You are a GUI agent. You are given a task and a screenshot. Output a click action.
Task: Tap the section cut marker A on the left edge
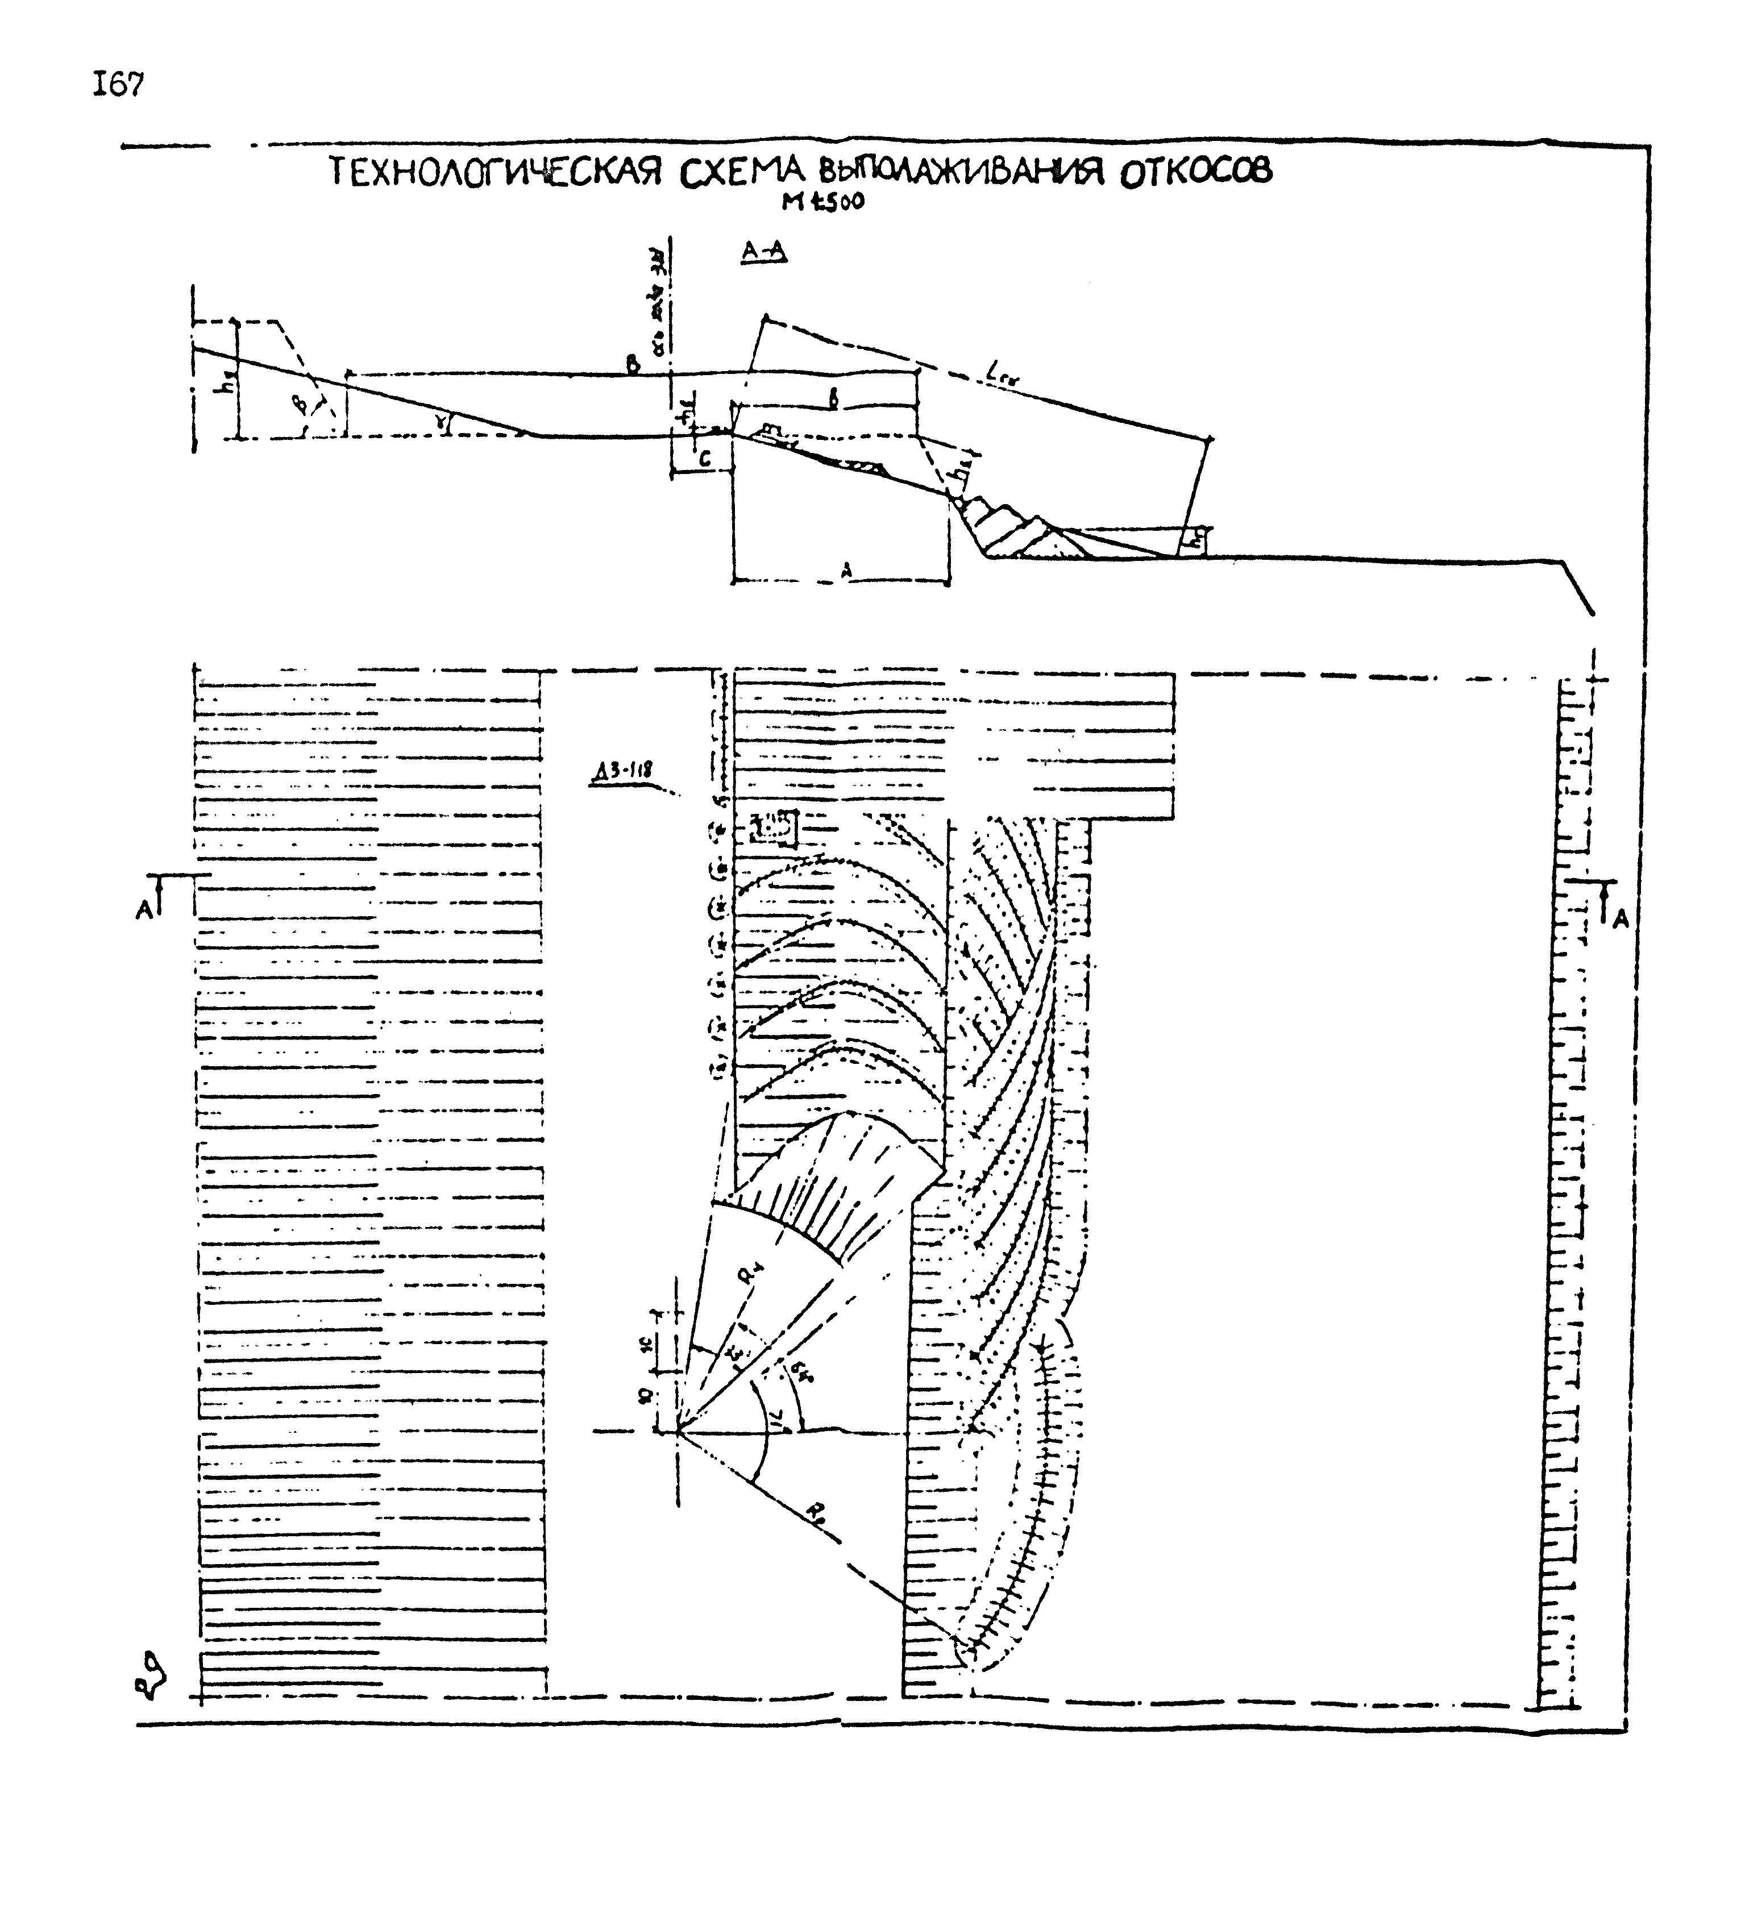144,910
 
